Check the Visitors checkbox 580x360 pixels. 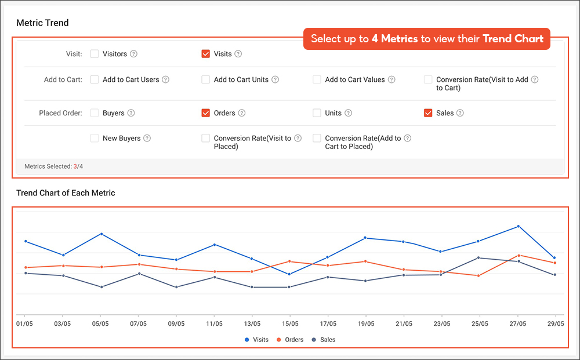(x=95, y=54)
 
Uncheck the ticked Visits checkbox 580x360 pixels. (x=205, y=54)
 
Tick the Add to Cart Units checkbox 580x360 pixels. (x=205, y=79)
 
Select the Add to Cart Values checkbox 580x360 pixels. (x=317, y=79)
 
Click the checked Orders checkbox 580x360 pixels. (x=205, y=113)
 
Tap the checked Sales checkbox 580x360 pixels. (x=428, y=113)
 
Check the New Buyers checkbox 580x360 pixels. (x=95, y=138)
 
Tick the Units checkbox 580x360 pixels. (x=317, y=113)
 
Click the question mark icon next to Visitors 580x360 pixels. (x=133, y=54)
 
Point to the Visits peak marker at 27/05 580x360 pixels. (x=518, y=226)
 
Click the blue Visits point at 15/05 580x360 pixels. (x=289, y=274)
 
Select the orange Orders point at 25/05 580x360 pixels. (x=478, y=275)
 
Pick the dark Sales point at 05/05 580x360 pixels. (x=101, y=287)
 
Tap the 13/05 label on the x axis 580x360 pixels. (x=252, y=323)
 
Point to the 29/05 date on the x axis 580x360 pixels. (x=556, y=323)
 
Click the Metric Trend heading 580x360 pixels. (x=42, y=23)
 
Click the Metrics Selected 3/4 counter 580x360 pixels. (x=53, y=166)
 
